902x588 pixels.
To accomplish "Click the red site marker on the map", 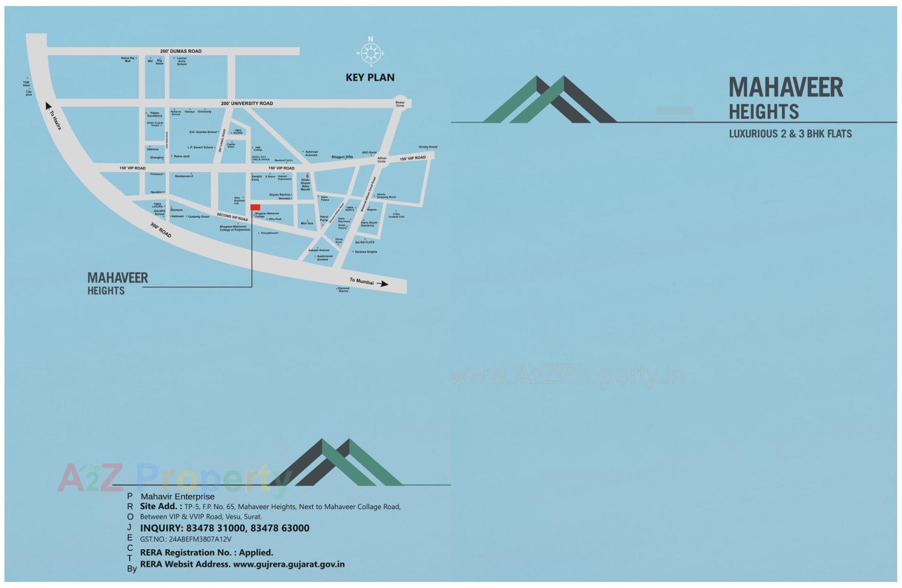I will (x=255, y=207).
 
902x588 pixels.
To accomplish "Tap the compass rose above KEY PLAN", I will (x=371, y=53).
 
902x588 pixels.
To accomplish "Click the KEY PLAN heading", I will (x=370, y=78).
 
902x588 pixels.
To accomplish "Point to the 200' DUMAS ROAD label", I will (x=181, y=51).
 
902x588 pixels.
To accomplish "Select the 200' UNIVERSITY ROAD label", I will (x=247, y=103).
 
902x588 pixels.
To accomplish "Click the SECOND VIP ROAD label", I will (x=232, y=217).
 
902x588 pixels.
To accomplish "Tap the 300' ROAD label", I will (x=161, y=230).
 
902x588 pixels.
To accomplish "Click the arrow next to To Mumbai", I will (x=383, y=284).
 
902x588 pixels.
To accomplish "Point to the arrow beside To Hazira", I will (x=48, y=106).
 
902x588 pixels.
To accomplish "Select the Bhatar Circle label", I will (x=400, y=104).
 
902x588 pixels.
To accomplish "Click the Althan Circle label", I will (x=381, y=160).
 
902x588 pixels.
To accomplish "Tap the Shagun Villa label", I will (x=342, y=157).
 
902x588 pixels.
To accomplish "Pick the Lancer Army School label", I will (x=182, y=61).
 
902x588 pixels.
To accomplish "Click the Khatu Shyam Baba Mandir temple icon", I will (x=307, y=175).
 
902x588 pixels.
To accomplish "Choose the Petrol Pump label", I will (x=324, y=219).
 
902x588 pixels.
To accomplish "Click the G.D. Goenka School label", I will (x=203, y=132).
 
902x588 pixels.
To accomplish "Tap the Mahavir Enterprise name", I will (x=178, y=496).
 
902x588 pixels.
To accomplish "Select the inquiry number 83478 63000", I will (x=280, y=528).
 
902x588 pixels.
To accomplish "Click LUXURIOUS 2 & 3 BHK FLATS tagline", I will (x=790, y=134).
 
